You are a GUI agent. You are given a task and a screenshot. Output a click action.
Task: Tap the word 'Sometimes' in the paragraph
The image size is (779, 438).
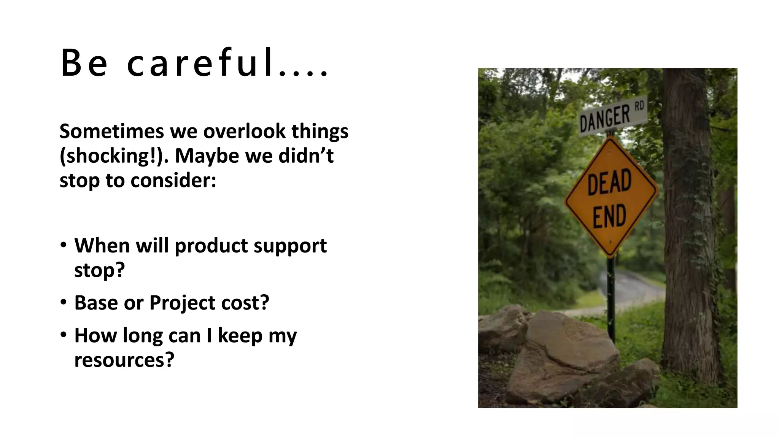tap(112, 131)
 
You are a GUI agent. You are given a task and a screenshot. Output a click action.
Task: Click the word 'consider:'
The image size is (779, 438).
tap(173, 180)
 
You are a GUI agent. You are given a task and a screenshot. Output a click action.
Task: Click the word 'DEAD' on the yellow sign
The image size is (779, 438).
tap(609, 183)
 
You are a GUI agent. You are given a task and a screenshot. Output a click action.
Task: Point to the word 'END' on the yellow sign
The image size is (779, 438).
tap(609, 216)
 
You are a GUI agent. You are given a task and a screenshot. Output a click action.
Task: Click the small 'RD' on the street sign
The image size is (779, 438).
tap(639, 106)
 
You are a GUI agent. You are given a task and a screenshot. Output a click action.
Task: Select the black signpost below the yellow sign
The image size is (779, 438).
tap(611, 300)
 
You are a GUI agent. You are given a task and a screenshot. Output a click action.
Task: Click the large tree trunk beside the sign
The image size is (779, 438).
tap(688, 228)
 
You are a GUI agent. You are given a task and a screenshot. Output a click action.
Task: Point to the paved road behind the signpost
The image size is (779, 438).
tap(639, 289)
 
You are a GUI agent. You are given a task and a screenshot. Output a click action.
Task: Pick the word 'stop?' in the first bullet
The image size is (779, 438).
tap(99, 270)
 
